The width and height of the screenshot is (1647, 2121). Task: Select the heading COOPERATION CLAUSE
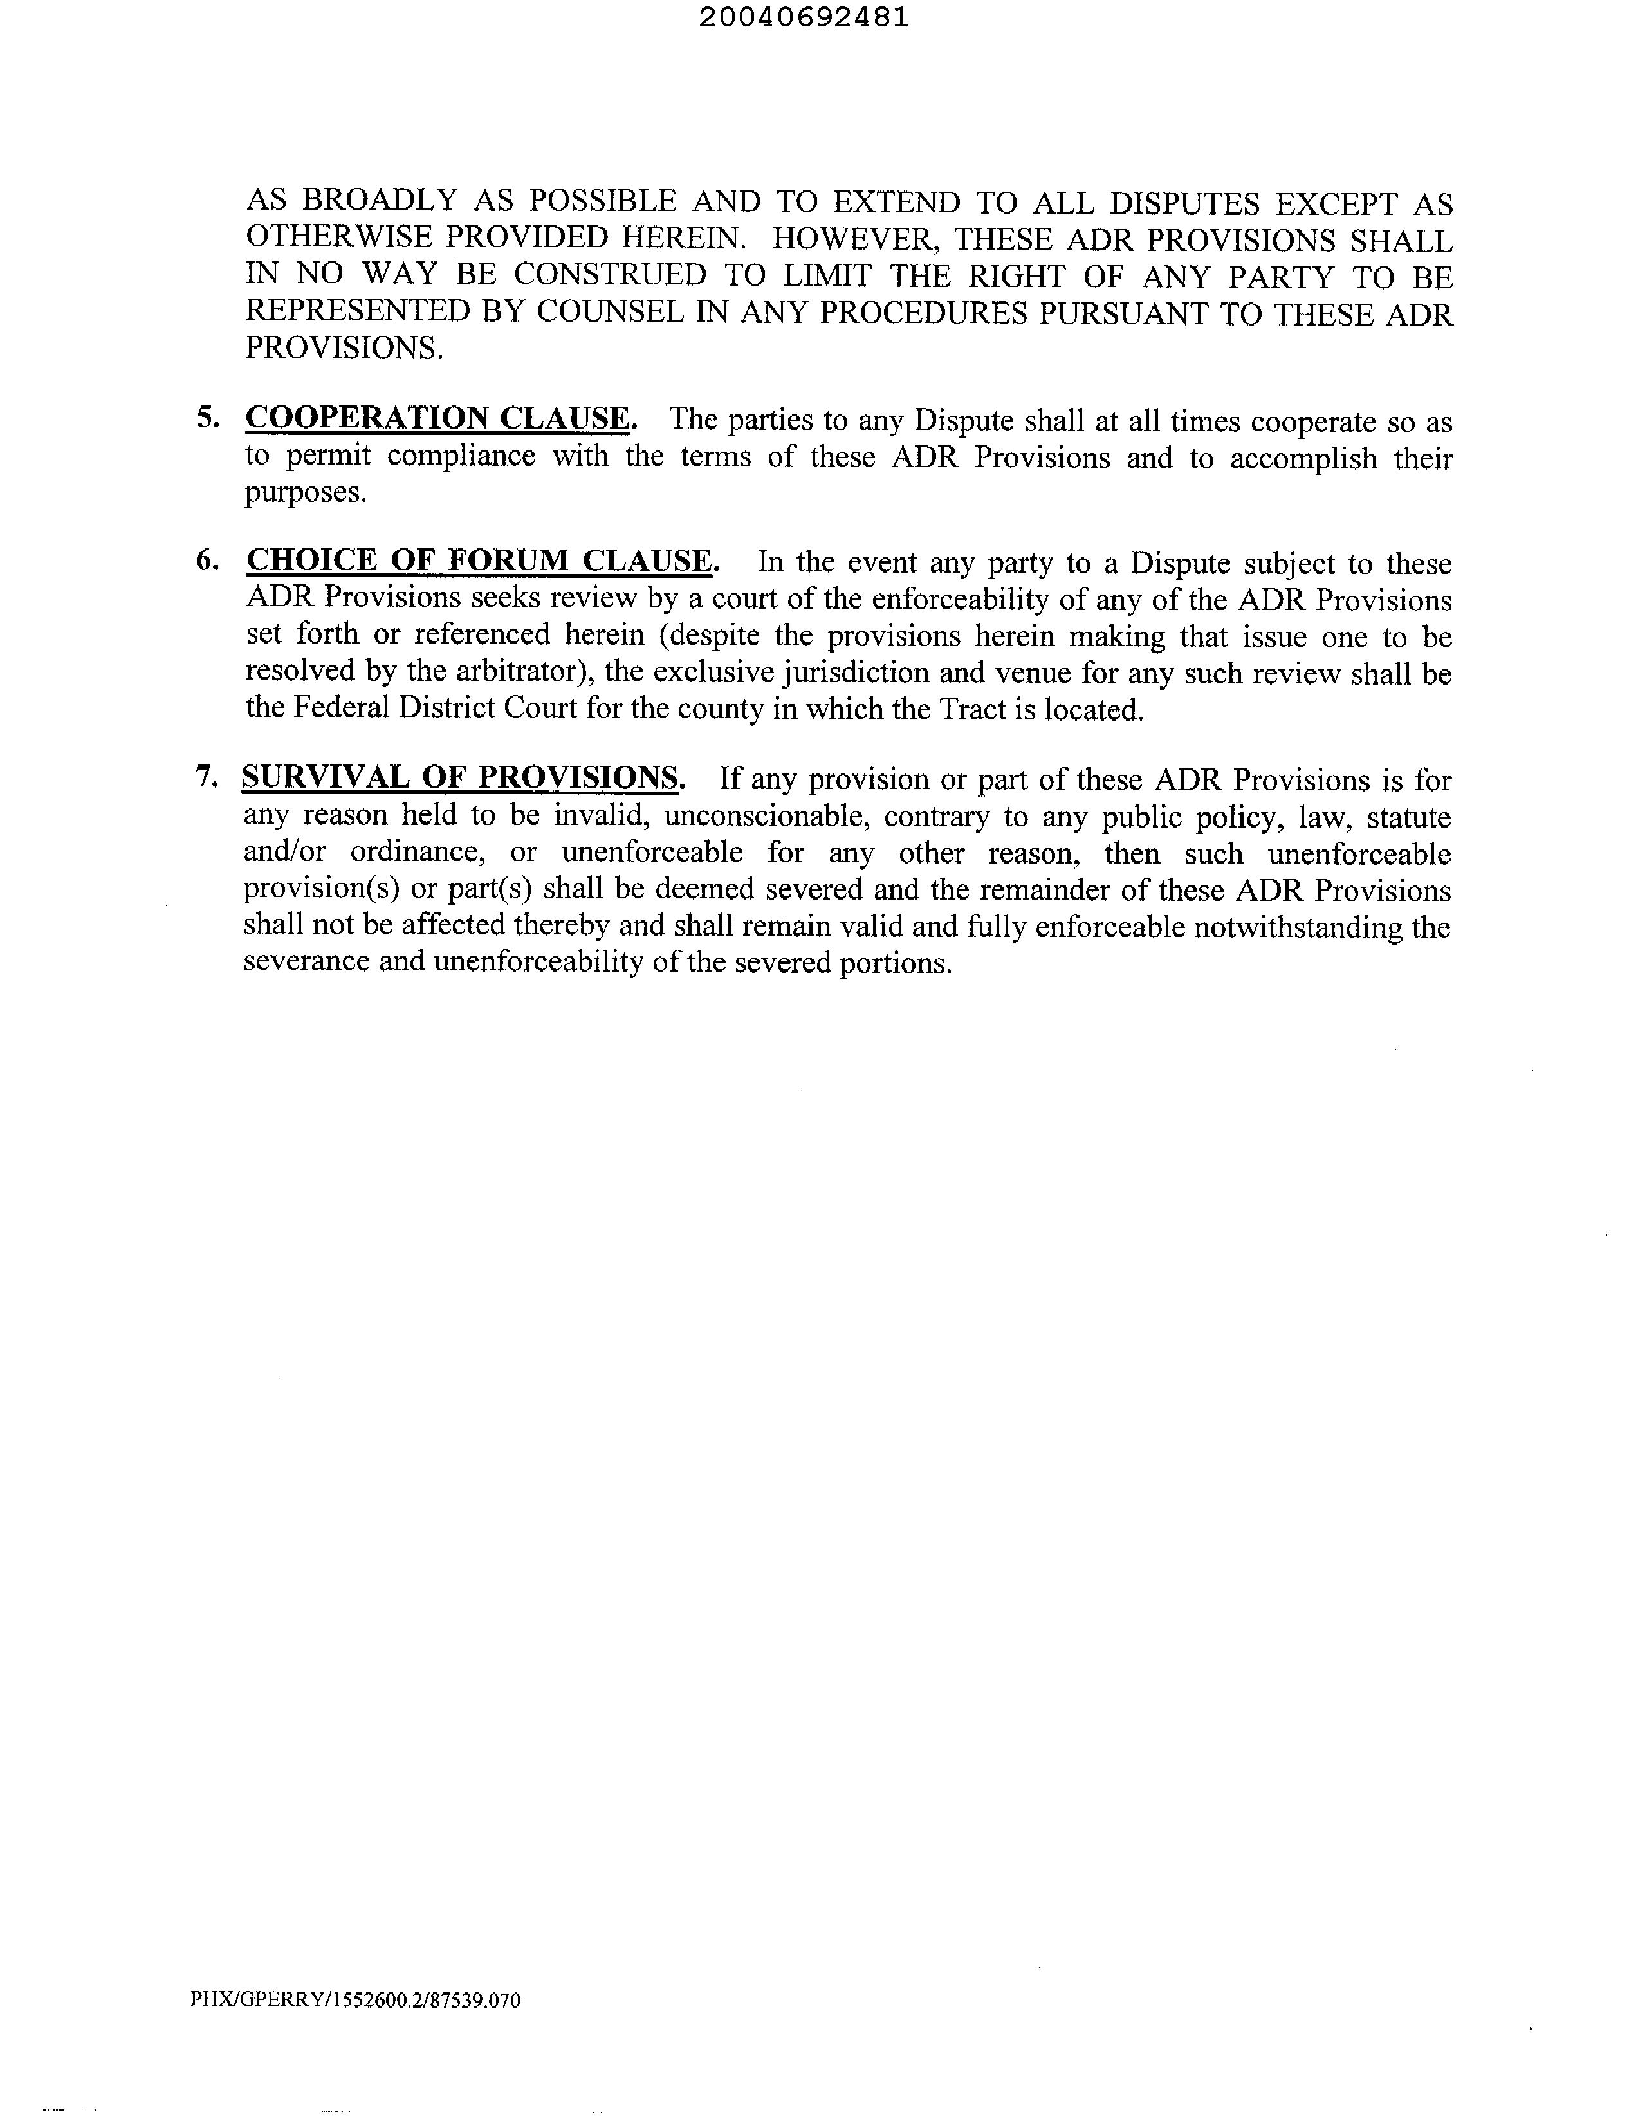click(x=439, y=418)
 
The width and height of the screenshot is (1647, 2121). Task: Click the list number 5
click(x=207, y=418)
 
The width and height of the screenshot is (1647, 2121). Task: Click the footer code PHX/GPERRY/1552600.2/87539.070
click(x=355, y=2001)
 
